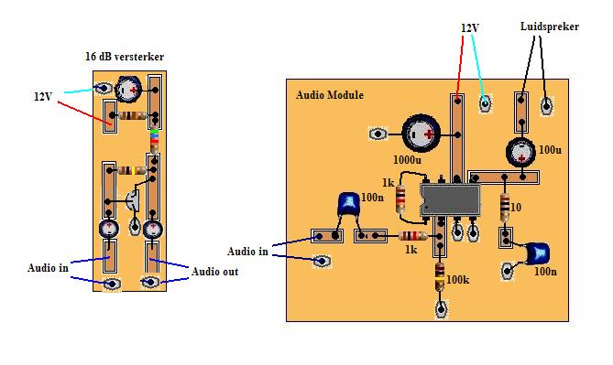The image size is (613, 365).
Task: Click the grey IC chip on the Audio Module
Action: tap(450, 199)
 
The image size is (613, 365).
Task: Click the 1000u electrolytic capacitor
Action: tap(421, 134)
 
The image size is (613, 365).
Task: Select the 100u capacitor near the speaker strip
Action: tap(520, 152)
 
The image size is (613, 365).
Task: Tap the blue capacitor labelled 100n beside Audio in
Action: tap(348, 204)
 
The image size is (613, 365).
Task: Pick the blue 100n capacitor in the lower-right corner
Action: tap(538, 253)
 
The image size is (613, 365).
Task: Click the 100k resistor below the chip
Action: tap(440, 275)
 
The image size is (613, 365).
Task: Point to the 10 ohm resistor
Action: tap(505, 208)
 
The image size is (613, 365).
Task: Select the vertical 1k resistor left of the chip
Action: tap(400, 199)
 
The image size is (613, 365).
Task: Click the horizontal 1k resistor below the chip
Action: tap(413, 236)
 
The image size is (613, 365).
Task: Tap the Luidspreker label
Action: tap(549, 27)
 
